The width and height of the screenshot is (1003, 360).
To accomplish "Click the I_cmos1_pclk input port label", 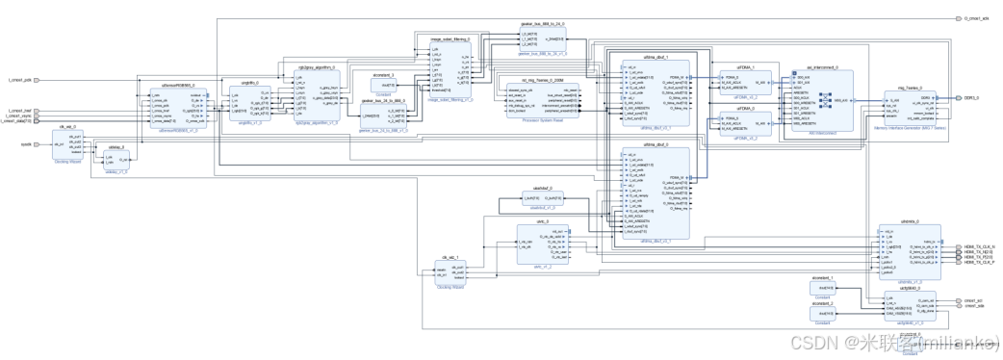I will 20,80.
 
